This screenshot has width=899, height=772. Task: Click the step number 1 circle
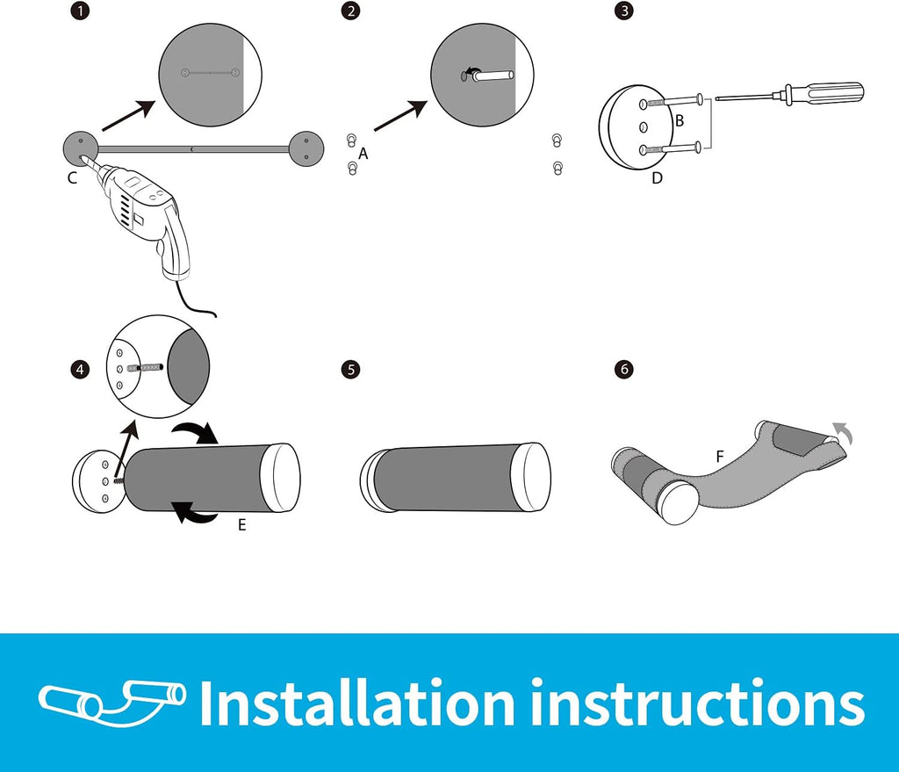[x=80, y=11]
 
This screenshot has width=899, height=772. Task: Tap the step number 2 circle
[x=350, y=11]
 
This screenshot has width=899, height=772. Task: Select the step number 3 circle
[x=624, y=11]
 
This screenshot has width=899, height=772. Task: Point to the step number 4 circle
[x=80, y=370]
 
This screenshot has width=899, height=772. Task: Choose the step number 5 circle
[x=350, y=370]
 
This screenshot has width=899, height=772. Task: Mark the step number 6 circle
[x=624, y=370]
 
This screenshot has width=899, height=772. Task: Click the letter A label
[x=363, y=154]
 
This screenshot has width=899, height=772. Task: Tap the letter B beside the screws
[x=680, y=121]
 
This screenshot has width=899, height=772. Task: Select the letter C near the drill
[x=72, y=177]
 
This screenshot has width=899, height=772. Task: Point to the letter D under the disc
[x=657, y=177]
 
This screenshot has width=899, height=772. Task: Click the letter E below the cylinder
[x=242, y=525]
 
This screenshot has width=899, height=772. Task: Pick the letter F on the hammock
[x=720, y=457]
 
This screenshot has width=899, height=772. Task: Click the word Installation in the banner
[x=356, y=702]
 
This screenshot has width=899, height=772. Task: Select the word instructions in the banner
[x=697, y=703]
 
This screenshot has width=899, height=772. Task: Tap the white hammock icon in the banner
[x=112, y=703]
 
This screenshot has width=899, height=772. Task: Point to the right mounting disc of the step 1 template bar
[x=306, y=148]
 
